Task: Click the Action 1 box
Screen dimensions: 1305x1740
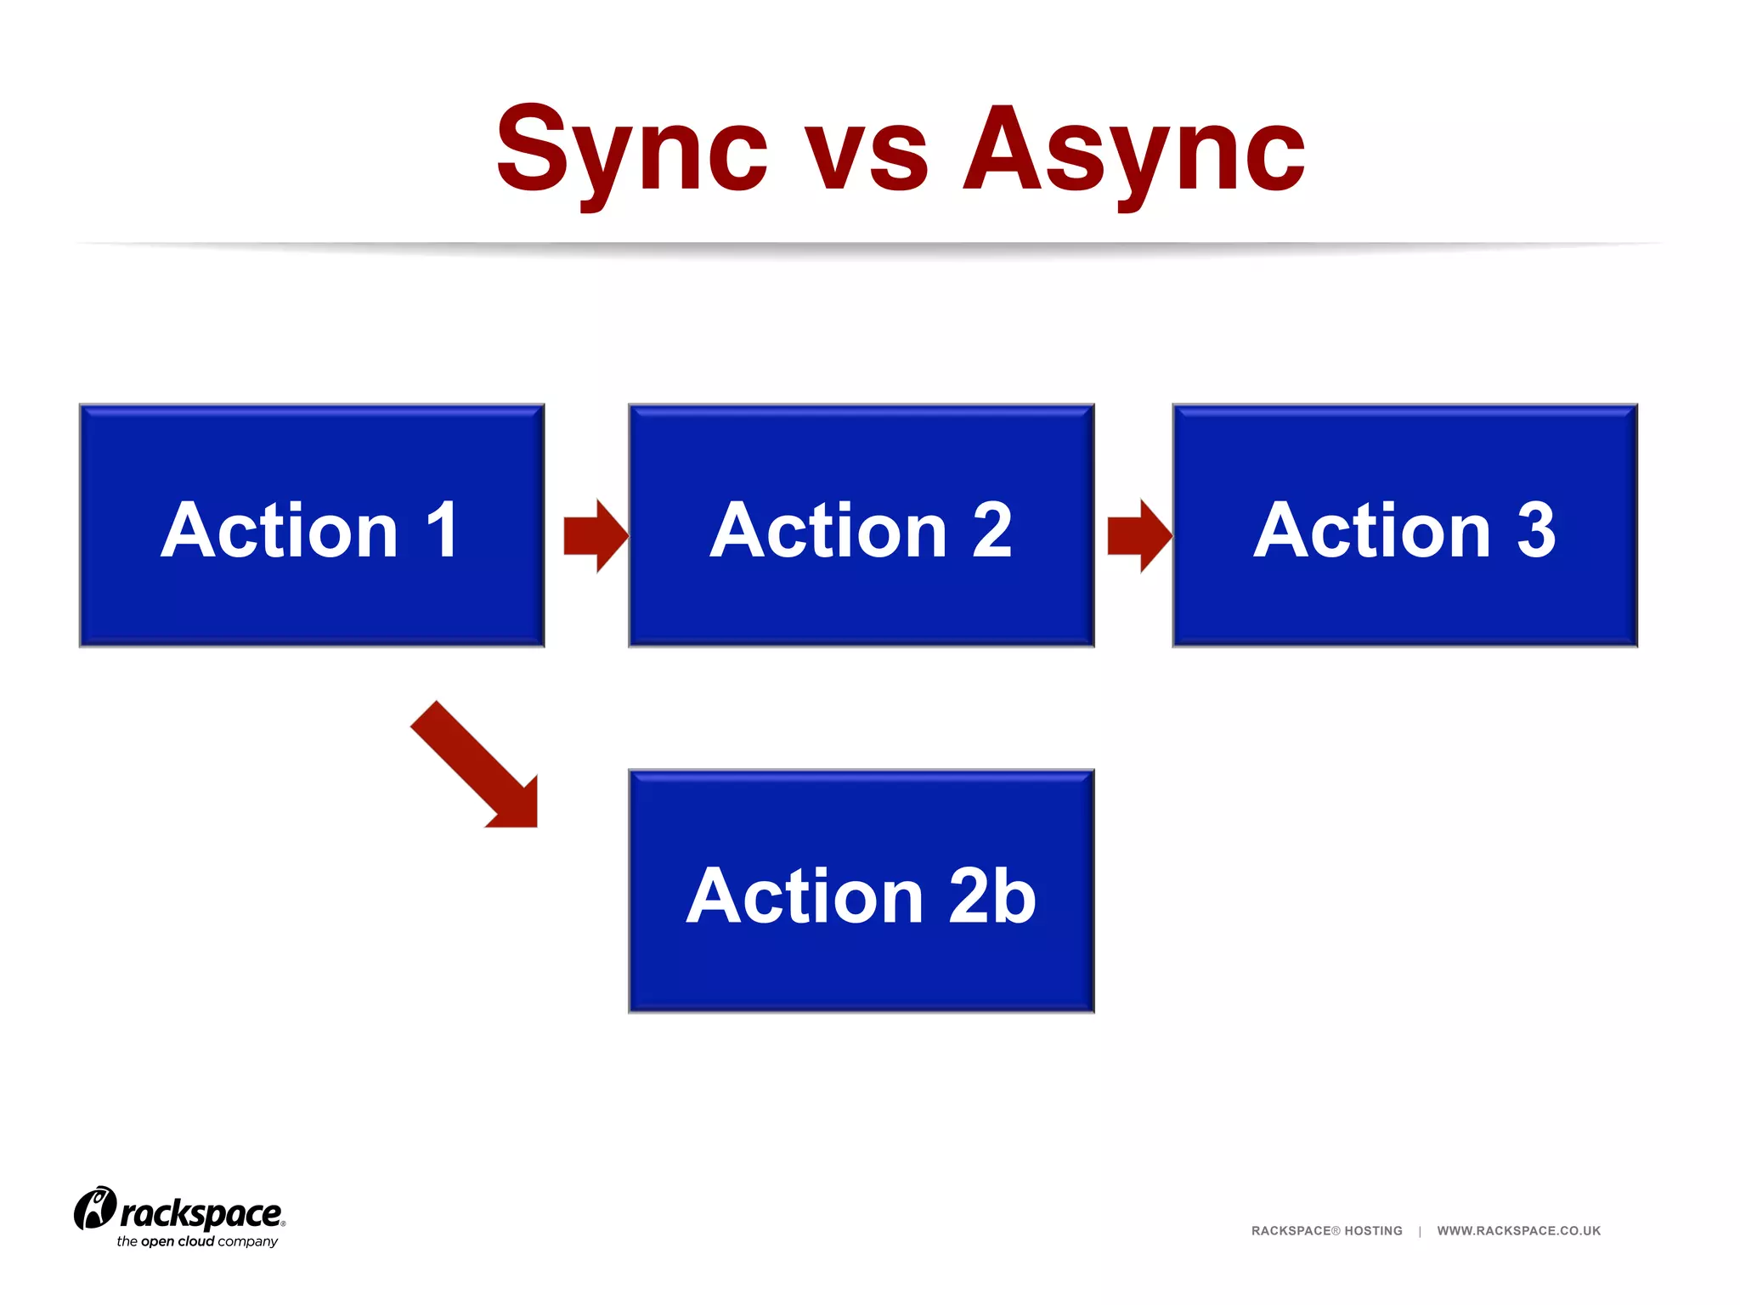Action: pos(312,525)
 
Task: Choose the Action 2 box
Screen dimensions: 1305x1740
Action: pos(861,525)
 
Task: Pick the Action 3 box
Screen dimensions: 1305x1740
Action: pos(1404,525)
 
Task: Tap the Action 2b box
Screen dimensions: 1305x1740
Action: pos(861,891)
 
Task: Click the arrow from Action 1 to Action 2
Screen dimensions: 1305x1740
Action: pos(596,535)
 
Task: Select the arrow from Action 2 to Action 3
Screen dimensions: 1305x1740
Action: pos(1139,535)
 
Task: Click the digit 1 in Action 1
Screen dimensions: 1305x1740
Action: pos(443,530)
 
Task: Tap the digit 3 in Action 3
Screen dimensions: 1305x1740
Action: pos(1536,530)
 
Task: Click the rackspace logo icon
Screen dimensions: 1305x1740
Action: pos(94,1208)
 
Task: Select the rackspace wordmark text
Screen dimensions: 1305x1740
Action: pos(201,1214)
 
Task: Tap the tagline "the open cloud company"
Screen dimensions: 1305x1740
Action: pos(197,1241)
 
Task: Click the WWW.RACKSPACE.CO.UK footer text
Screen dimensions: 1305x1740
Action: pos(1518,1230)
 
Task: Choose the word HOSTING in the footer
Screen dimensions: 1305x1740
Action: pos(1373,1230)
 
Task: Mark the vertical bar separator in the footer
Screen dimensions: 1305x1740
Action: pos(1420,1230)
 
